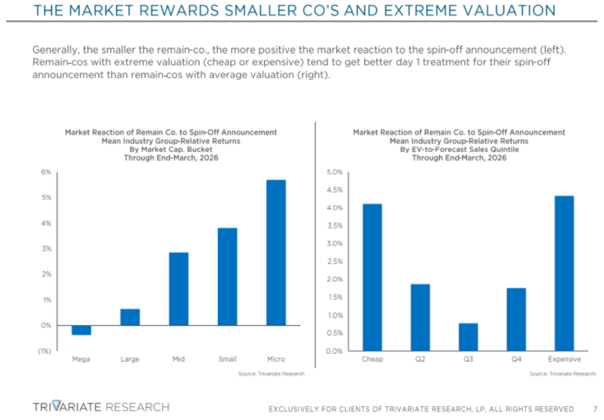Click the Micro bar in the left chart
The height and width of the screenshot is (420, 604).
coord(276,252)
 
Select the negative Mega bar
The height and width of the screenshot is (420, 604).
coord(81,330)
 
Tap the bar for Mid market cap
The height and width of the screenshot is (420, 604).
coord(179,289)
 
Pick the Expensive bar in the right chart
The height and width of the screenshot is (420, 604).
coord(564,273)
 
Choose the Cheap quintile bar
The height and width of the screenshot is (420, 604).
coord(372,277)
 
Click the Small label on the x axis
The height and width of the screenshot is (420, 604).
coord(227,359)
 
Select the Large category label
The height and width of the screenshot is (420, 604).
coord(130,359)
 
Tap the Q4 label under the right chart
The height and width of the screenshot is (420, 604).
coord(516,359)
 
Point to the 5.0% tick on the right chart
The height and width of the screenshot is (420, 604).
coord(334,172)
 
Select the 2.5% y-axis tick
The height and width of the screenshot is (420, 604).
coord(334,261)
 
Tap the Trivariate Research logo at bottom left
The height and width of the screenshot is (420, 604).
coord(101,407)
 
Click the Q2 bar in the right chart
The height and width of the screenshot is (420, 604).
coord(420,317)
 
